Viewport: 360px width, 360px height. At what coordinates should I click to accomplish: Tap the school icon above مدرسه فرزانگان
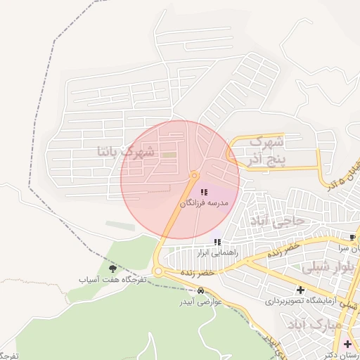[x=204, y=192]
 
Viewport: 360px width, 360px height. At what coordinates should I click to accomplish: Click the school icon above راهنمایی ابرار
[x=217, y=242]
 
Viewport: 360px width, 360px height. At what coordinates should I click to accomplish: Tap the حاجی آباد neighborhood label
[x=274, y=221]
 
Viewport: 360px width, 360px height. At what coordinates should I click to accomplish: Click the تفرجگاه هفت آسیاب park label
[x=112, y=279]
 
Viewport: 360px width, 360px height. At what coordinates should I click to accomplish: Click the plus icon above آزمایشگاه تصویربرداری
[x=301, y=290]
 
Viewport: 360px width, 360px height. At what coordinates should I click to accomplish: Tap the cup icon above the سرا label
[x=353, y=237]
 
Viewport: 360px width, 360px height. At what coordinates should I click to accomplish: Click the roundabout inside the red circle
[x=195, y=176]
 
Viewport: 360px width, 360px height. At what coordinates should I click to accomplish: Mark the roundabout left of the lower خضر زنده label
[x=159, y=271]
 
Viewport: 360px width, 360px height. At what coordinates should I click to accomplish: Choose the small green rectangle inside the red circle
[x=169, y=154]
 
